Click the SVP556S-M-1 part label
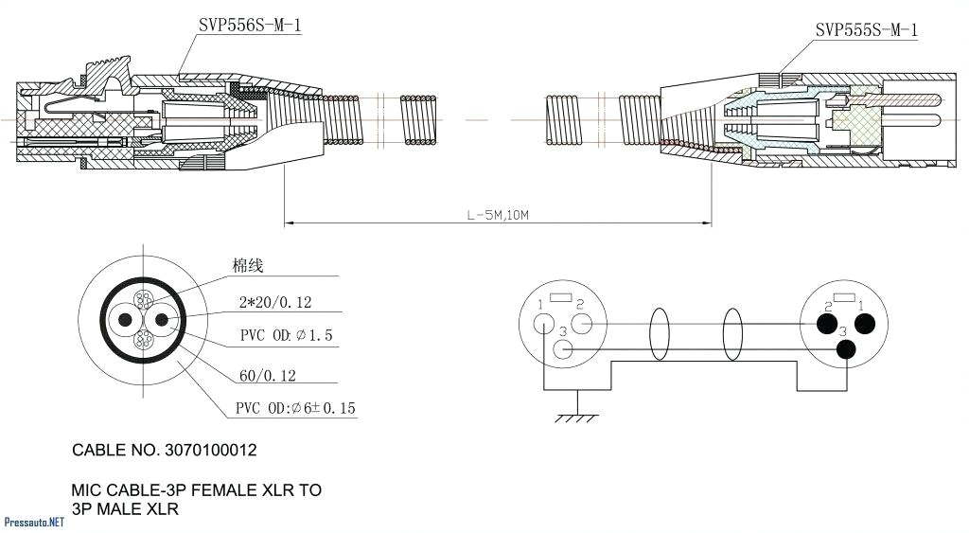tap(250, 27)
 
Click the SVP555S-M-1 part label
tap(866, 30)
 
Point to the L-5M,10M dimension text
tap(497, 216)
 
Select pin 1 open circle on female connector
tap(544, 325)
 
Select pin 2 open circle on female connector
tap(582, 325)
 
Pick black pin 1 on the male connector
tap(863, 325)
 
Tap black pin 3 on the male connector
tap(845, 349)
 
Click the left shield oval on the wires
tap(661, 336)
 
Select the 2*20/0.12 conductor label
tap(275, 303)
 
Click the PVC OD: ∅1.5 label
tap(286, 336)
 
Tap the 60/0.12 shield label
tap(268, 376)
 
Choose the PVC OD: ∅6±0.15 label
tap(295, 409)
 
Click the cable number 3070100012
tap(165, 450)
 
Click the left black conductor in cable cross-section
tap(125, 320)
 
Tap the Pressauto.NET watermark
tap(34, 522)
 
